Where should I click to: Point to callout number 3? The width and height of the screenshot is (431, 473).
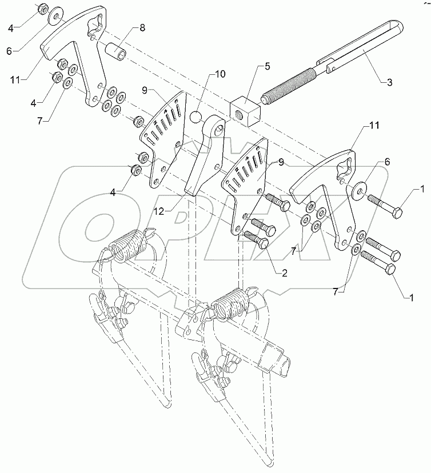[390, 83]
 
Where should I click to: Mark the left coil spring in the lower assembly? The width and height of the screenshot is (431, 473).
[129, 247]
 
